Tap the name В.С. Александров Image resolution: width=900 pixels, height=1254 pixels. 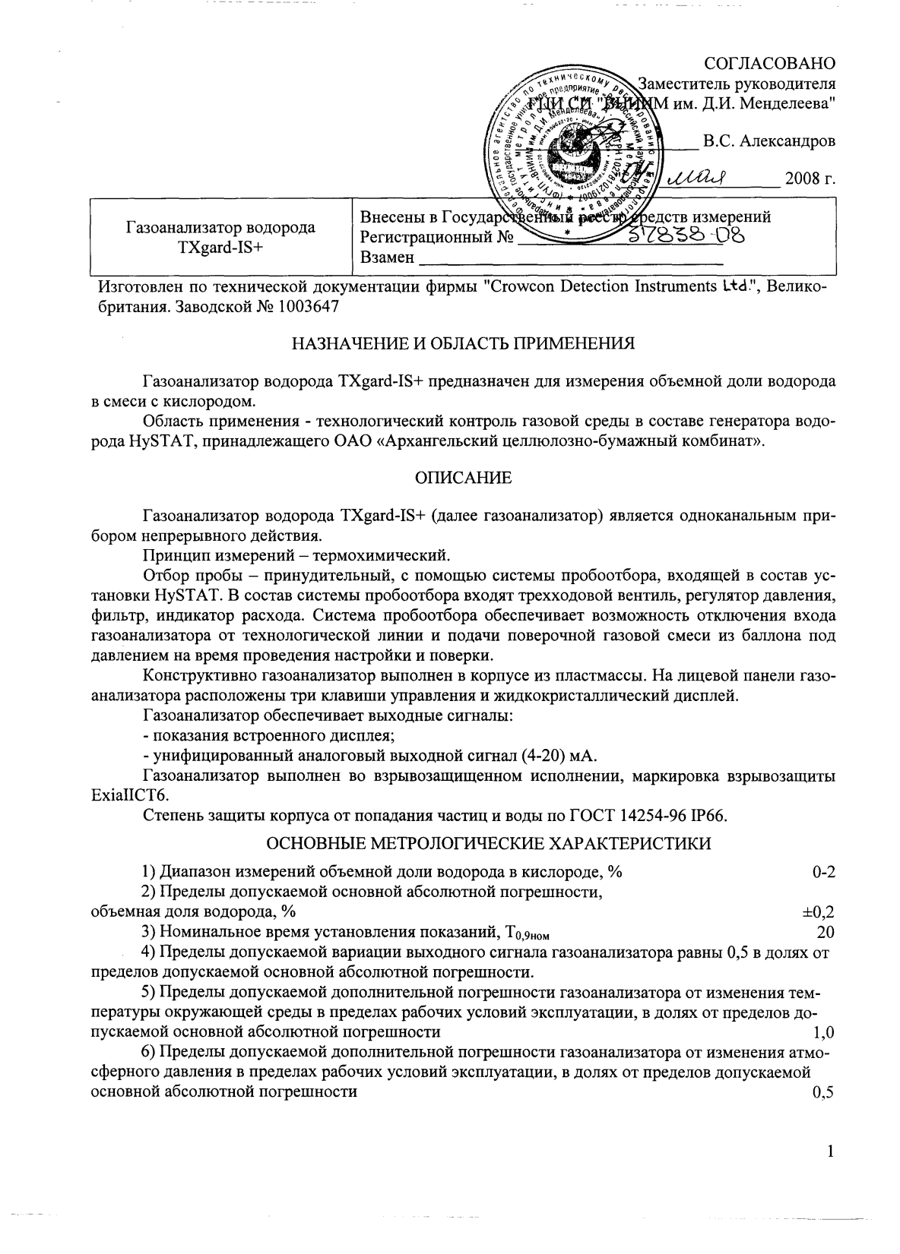coord(768,141)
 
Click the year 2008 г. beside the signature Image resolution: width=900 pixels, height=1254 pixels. coord(810,179)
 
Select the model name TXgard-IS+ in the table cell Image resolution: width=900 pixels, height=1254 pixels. coord(220,247)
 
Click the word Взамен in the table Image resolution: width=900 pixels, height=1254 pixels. coord(387,257)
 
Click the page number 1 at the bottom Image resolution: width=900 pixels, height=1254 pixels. coord(831,1152)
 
